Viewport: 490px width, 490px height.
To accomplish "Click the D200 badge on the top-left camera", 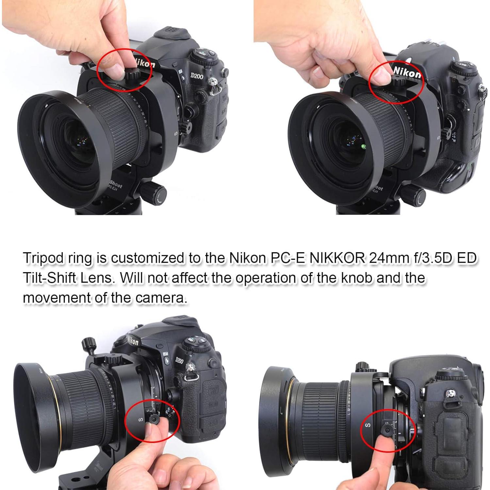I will point(197,76).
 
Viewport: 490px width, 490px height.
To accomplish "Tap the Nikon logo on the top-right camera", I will point(407,73).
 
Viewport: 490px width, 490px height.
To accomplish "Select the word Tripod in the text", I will point(43,258).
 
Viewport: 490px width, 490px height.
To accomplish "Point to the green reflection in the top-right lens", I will point(363,148).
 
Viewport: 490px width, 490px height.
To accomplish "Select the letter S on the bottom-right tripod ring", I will point(368,425).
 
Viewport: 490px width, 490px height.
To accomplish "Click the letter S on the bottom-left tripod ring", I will point(141,420).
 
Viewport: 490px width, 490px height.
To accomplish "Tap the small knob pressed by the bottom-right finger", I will point(387,431).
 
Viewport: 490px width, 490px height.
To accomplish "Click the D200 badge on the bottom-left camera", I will point(179,361).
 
